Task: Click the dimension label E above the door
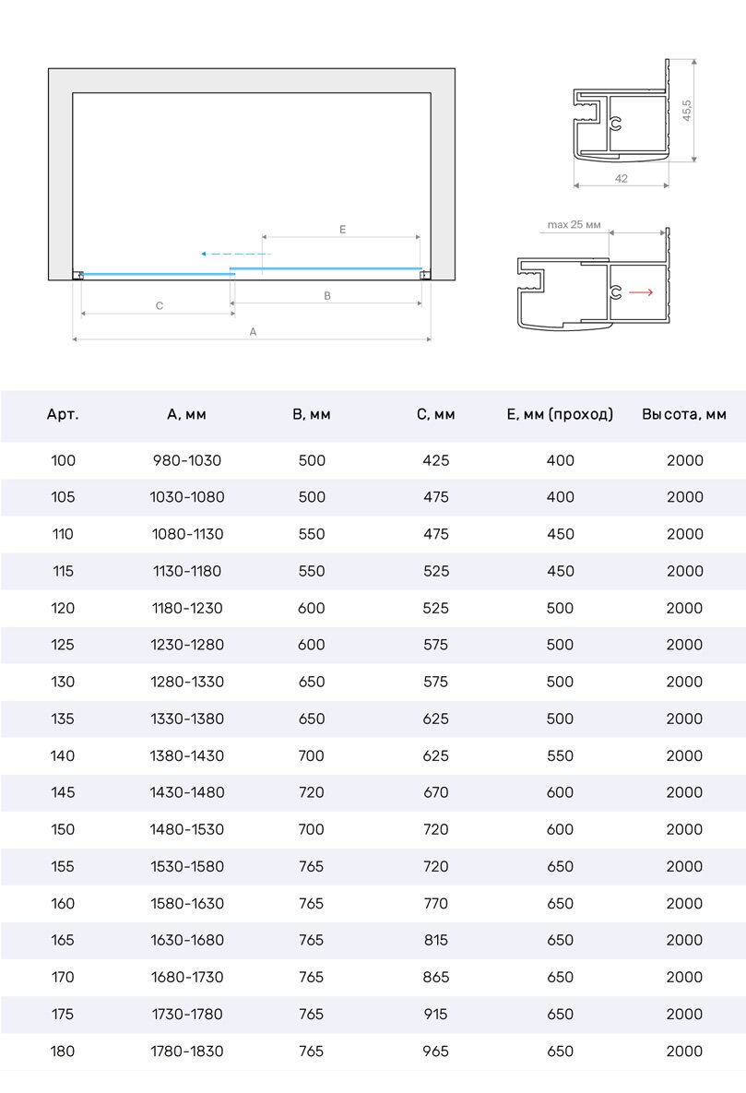(x=342, y=229)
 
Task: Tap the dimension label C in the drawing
(x=160, y=305)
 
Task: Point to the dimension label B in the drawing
(x=327, y=295)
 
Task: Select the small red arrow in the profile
(x=641, y=292)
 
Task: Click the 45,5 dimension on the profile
(x=687, y=111)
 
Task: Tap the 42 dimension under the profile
(x=621, y=179)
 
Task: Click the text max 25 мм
(x=574, y=224)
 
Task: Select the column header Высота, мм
(x=684, y=415)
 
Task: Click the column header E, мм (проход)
(x=560, y=415)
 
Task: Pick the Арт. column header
(x=63, y=415)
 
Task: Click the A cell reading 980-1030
(x=187, y=460)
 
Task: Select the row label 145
(x=63, y=792)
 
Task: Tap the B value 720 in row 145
(x=312, y=792)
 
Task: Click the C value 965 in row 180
(x=436, y=1051)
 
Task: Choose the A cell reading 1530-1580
(x=187, y=866)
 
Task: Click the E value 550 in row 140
(x=560, y=755)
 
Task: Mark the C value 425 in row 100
(x=436, y=460)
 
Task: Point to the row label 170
(x=63, y=977)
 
